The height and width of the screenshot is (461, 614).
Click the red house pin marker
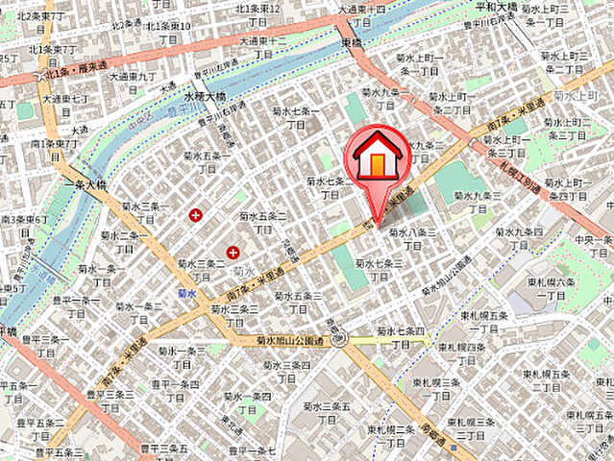pos(381,158)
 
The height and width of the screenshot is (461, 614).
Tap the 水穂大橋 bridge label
pos(204,96)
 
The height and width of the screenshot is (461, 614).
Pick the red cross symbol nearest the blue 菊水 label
pos(233,253)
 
